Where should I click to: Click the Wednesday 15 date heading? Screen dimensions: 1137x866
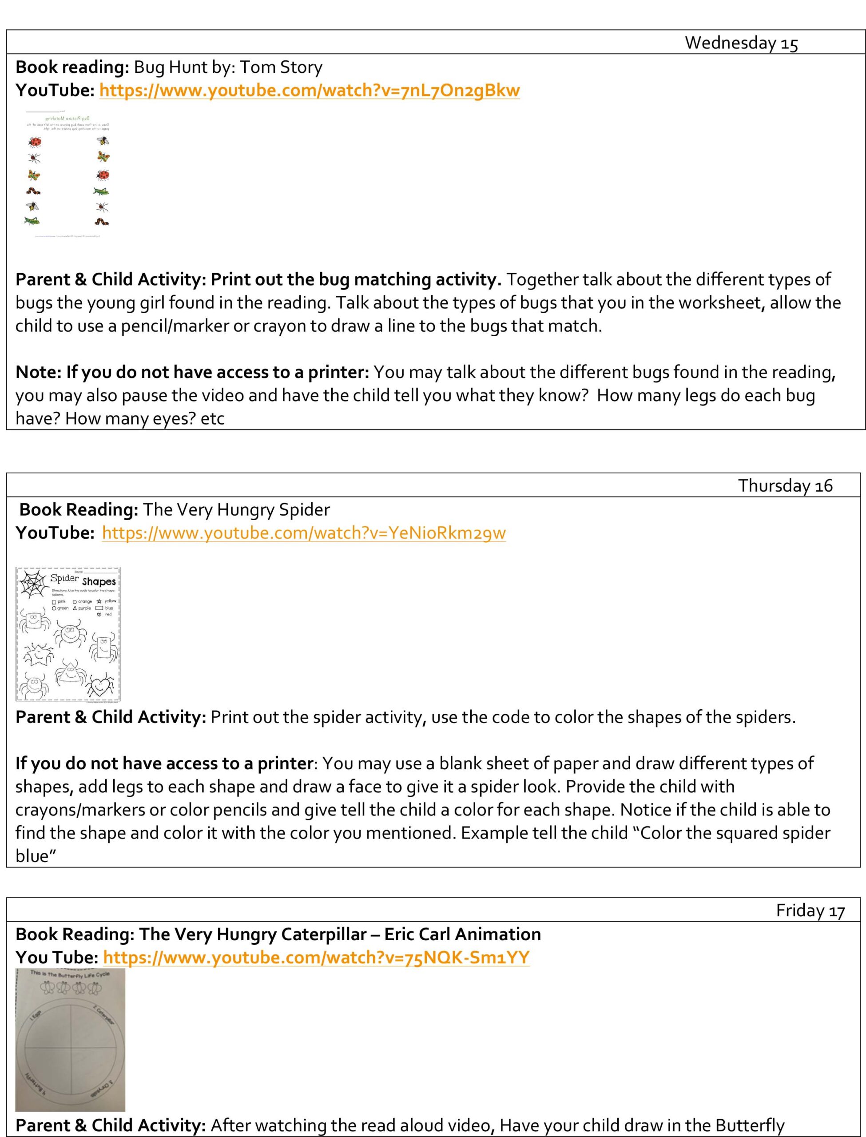coord(741,43)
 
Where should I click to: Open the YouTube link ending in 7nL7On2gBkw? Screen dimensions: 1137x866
coord(309,90)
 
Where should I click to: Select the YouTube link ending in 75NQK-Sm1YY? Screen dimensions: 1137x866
coord(316,957)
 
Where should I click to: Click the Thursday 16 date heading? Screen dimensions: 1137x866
coord(785,485)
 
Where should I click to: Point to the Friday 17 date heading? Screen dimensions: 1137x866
coord(810,910)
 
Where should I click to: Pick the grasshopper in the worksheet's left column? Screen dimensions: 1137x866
coord(32,221)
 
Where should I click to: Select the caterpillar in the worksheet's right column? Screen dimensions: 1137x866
coord(102,222)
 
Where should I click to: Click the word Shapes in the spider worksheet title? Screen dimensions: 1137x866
coord(99,581)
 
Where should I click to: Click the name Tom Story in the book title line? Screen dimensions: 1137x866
coord(281,67)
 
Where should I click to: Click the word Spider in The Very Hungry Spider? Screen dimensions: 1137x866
coord(304,509)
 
